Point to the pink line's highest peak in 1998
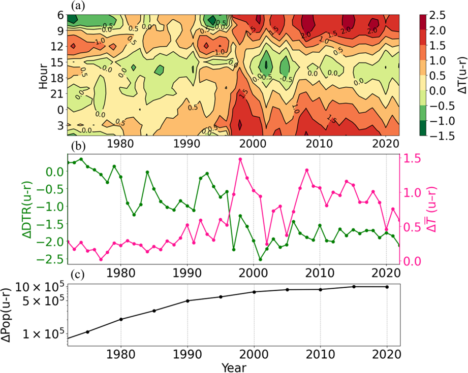tap(240, 159)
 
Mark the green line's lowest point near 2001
tap(260, 259)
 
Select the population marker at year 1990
tap(188, 301)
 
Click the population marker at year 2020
tap(387, 287)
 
